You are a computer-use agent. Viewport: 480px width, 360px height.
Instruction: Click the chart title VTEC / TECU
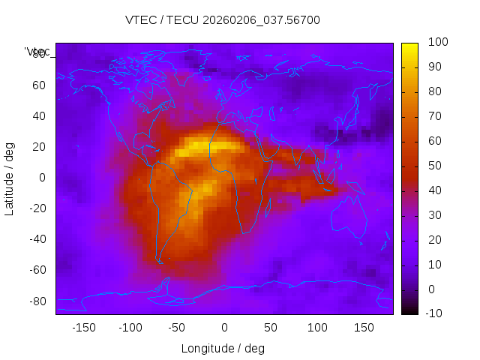[x=223, y=20]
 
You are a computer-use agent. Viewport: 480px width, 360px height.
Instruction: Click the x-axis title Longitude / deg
[x=223, y=348]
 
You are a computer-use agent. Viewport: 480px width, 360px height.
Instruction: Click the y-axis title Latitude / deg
[x=10, y=178]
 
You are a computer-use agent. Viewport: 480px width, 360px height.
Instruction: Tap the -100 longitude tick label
[x=130, y=327]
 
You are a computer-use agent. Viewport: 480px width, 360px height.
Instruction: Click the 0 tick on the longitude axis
[x=223, y=327]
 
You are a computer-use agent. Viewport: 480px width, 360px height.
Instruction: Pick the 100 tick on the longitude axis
[x=316, y=327]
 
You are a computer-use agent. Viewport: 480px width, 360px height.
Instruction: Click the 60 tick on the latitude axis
[x=38, y=85]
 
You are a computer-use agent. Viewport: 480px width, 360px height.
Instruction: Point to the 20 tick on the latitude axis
[x=38, y=146]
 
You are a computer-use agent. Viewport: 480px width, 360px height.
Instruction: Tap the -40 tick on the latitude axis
[x=36, y=239]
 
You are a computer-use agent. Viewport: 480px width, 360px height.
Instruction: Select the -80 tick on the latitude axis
[x=36, y=301]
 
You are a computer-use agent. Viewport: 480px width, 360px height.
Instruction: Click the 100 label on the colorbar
[x=438, y=43]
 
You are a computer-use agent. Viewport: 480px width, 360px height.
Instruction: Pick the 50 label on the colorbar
[x=435, y=166]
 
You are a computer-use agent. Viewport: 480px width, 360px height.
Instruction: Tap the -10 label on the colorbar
[x=436, y=313]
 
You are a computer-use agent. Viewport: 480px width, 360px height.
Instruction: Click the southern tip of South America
[x=160, y=262]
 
